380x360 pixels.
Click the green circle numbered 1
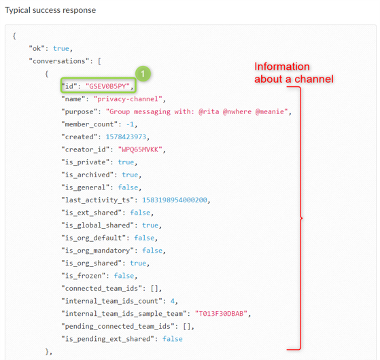(x=143, y=73)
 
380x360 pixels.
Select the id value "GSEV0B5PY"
(x=107, y=86)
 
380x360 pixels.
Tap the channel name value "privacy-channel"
(x=128, y=99)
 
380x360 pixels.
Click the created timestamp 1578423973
(x=126, y=137)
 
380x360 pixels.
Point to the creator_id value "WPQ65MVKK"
(x=140, y=149)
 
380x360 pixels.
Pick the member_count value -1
(x=130, y=124)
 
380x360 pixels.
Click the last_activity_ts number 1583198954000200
(x=175, y=200)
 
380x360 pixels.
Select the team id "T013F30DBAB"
(x=221, y=314)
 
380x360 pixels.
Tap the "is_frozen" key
(x=84, y=276)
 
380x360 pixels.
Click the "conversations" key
(x=59, y=61)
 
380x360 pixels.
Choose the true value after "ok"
(x=61, y=48)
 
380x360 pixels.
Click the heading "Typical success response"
(x=50, y=10)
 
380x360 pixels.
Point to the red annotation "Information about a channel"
(x=294, y=73)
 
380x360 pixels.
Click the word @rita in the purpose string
(x=209, y=111)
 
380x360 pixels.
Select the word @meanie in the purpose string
(x=269, y=111)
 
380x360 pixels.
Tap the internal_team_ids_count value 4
(x=172, y=301)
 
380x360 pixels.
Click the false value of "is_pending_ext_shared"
(x=172, y=339)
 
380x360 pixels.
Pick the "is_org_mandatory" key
(x=97, y=251)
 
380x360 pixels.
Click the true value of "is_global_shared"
(x=150, y=225)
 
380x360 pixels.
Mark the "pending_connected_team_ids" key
(x=118, y=326)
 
